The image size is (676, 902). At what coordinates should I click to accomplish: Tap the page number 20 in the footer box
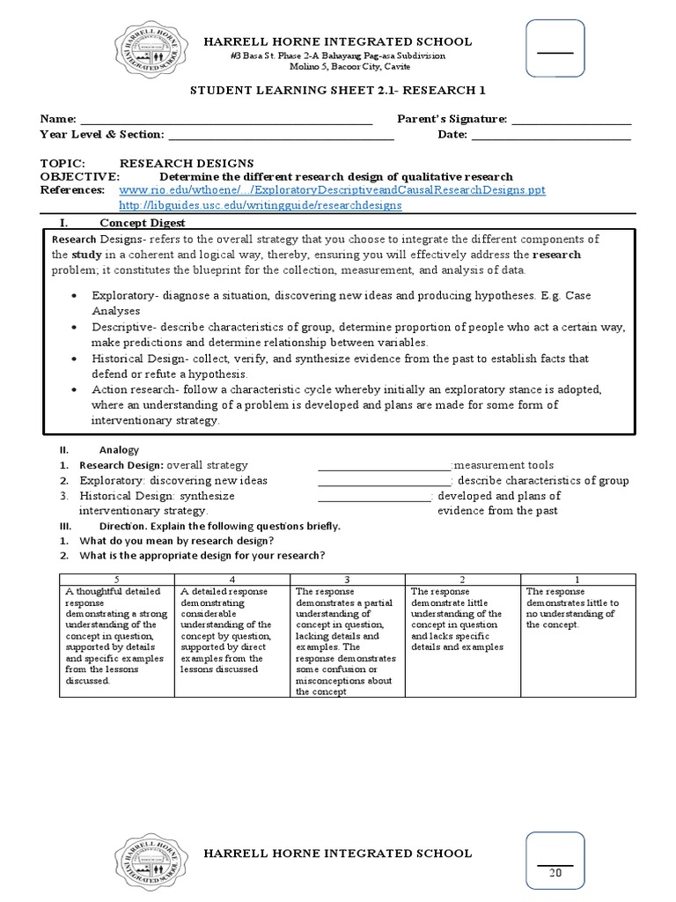(x=555, y=873)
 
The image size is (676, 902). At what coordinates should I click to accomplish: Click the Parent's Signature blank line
(x=571, y=120)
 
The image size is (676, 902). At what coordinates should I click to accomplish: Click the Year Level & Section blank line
(x=281, y=135)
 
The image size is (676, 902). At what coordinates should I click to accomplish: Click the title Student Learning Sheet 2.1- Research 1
(x=338, y=90)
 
